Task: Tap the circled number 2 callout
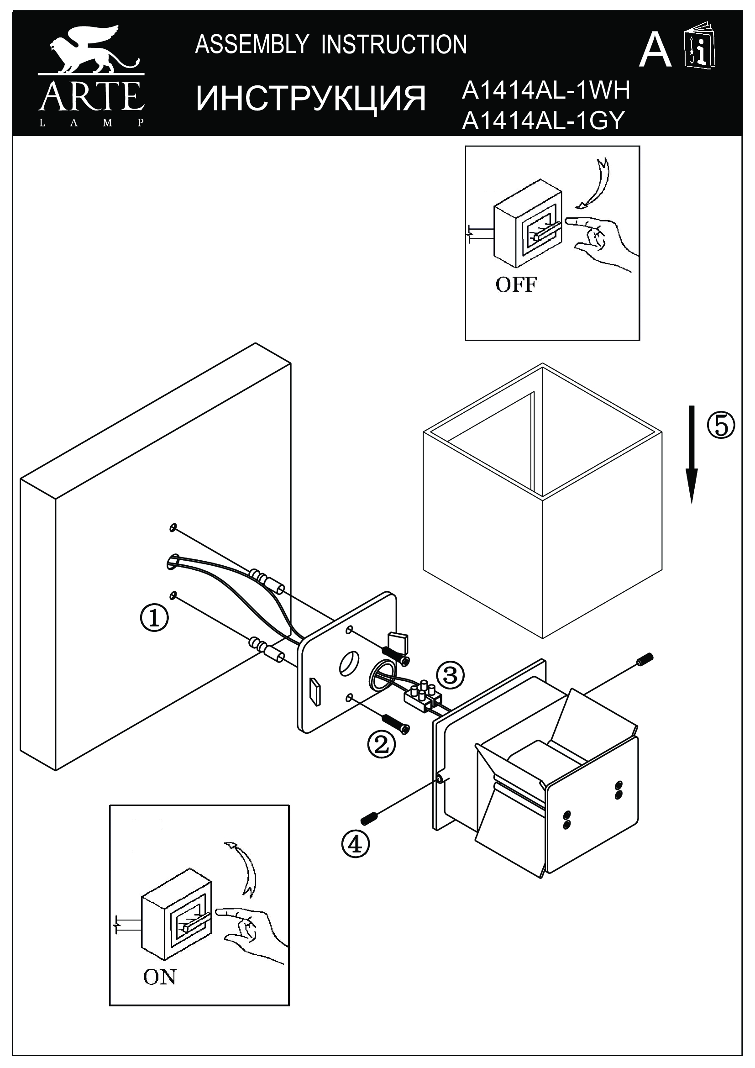tap(381, 745)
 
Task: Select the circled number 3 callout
tap(450, 674)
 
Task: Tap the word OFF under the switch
tap(517, 284)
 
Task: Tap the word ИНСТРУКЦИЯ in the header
tap(310, 99)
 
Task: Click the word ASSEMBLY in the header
tap(252, 45)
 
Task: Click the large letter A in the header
tap(655, 51)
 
